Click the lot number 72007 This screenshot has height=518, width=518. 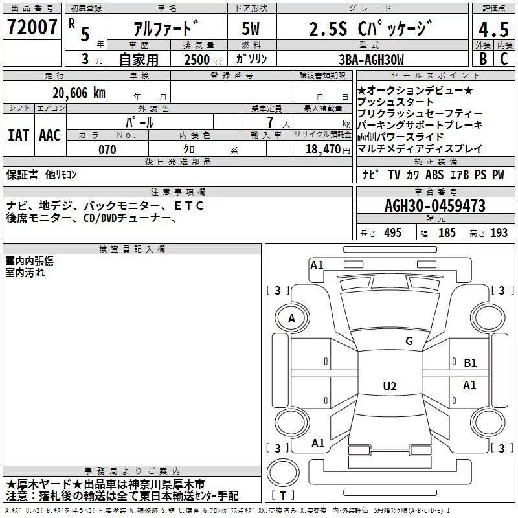32,28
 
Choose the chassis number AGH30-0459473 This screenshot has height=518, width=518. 434,206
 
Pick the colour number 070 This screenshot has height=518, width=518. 107,150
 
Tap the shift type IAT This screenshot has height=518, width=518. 18,135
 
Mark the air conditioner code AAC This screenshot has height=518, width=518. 49,135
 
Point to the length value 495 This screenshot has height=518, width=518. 392,233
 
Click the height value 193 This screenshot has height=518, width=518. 499,233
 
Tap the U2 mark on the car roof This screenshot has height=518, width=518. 389,387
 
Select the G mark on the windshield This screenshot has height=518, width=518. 409,341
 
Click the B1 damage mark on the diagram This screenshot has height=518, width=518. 470,363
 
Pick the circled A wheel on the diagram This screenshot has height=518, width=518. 291,318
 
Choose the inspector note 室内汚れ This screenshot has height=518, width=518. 25,273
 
